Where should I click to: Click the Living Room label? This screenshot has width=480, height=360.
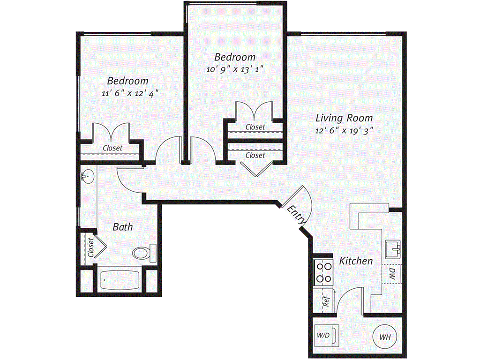344,118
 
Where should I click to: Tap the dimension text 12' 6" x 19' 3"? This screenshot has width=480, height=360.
344,131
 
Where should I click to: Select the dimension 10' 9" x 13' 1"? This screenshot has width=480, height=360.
235,69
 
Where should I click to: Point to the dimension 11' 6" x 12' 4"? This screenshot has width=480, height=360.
127,93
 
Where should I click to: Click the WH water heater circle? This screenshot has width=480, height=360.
384,337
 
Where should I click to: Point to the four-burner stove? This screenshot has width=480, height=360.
322,272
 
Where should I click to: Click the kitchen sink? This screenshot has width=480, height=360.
392,248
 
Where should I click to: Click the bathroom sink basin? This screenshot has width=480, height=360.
87,177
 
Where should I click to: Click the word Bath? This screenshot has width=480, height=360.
123,227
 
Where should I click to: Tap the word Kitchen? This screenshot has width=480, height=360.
356,261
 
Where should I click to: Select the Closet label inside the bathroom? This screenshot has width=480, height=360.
91,247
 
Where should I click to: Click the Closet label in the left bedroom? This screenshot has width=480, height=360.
112,148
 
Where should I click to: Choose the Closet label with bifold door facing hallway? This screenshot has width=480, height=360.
255,155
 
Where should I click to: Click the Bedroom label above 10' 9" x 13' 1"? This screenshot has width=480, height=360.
235,57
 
